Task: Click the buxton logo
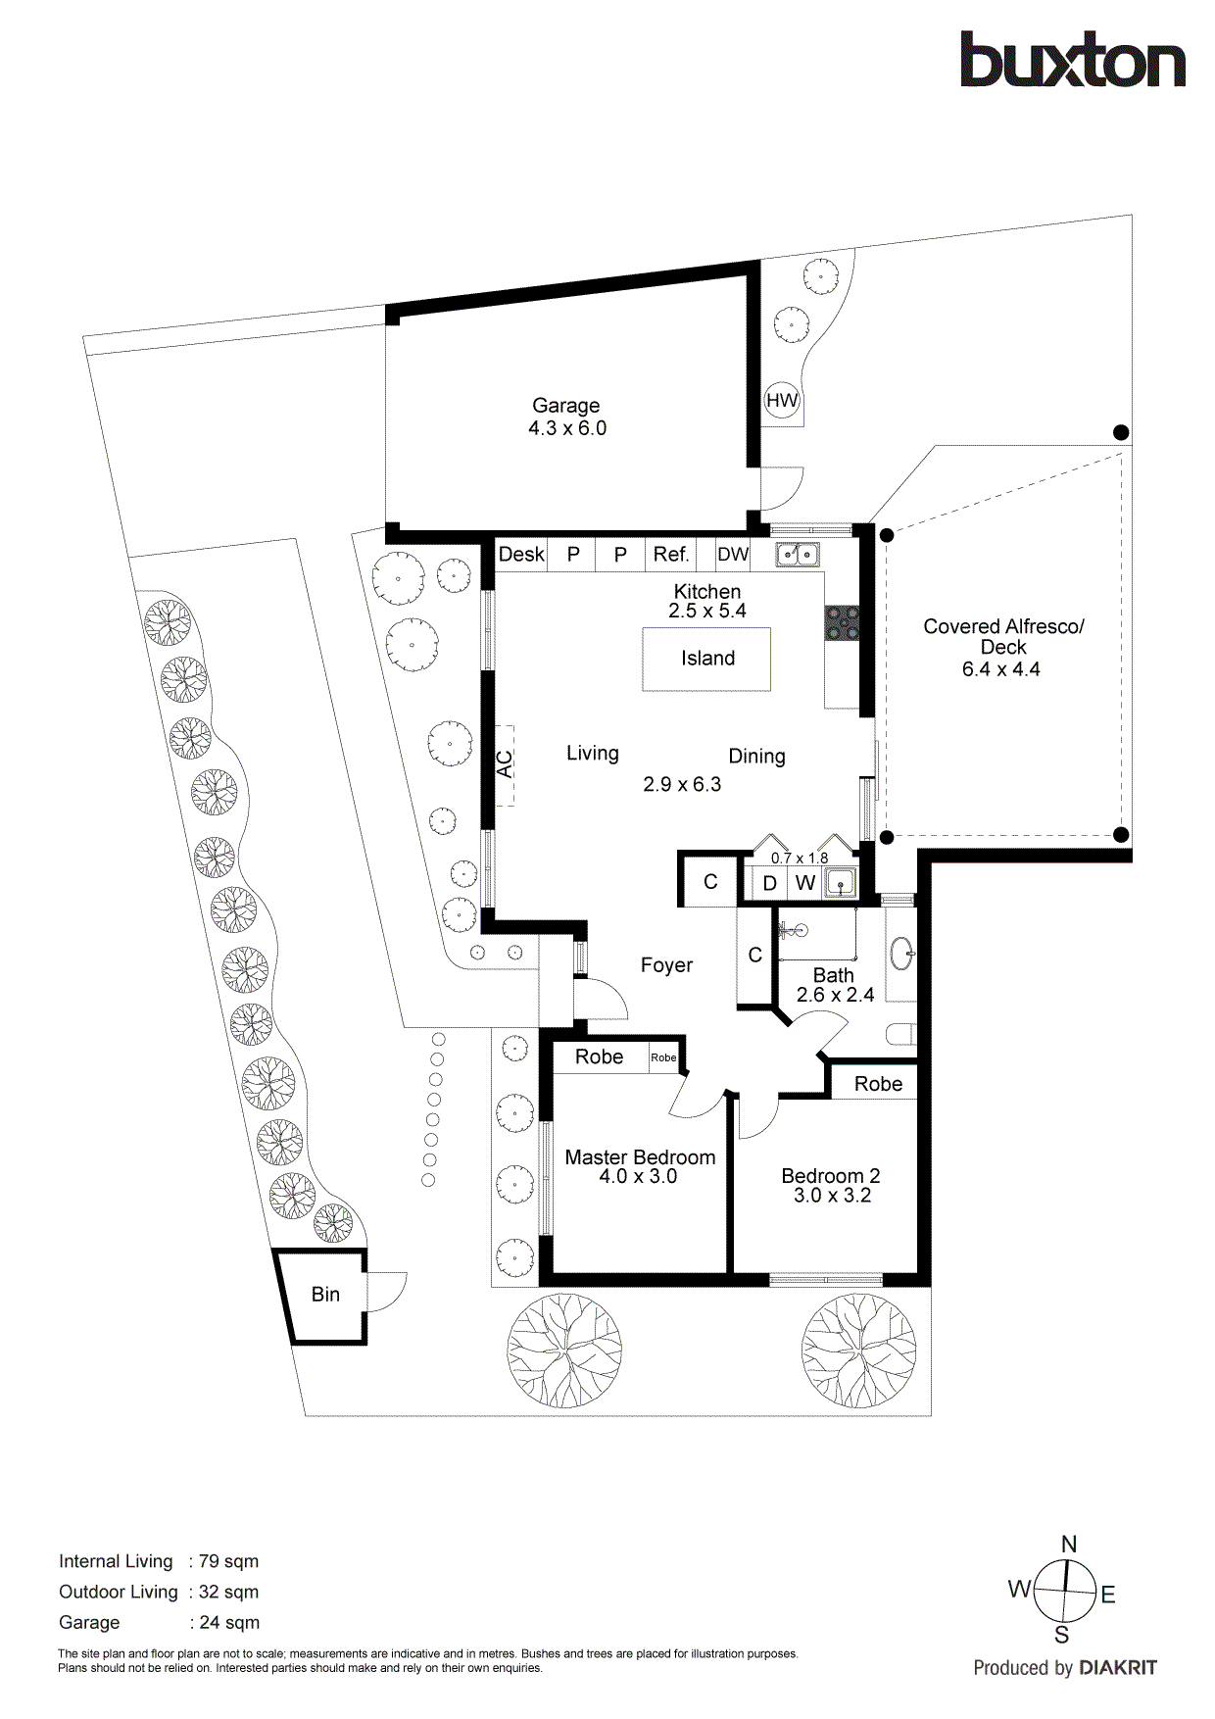coord(1072,61)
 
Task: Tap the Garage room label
coord(565,406)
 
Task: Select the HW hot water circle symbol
coord(782,400)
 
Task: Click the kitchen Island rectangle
coord(706,659)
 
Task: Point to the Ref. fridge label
coord(671,555)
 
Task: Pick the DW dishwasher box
coord(733,555)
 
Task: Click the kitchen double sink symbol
coord(798,555)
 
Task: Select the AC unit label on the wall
coord(505,764)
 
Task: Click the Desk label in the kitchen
coord(520,555)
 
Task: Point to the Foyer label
coord(666,965)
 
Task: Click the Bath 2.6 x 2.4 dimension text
coord(835,995)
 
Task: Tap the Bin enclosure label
coord(325,1295)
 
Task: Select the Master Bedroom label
coord(640,1157)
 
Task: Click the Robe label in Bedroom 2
coord(878,1084)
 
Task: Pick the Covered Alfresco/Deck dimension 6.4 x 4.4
coord(1000,669)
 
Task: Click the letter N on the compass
coord(1069,1545)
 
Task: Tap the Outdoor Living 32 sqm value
coord(229,1592)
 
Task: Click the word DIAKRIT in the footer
coord(1118,1668)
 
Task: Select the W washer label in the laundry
coord(805,883)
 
